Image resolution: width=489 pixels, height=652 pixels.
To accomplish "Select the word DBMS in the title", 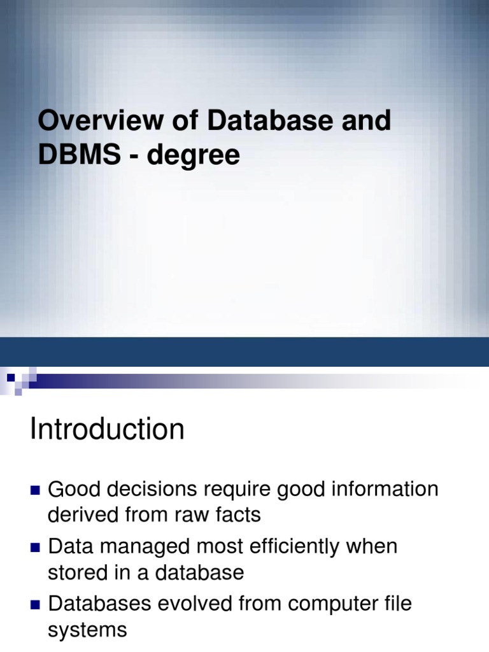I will coord(80,155).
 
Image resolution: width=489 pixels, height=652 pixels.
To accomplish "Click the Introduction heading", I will coord(107,430).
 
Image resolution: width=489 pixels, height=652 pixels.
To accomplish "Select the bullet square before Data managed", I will coord(35,548).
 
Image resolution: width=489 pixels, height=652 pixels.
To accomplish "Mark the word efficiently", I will coord(290,547).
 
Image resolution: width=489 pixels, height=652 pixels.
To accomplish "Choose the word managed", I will coord(138,547).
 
